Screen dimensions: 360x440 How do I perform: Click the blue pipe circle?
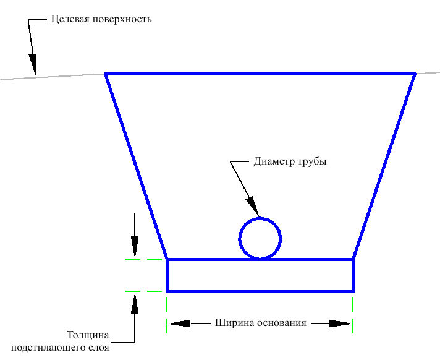point(260,238)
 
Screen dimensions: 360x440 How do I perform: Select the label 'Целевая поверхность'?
point(101,19)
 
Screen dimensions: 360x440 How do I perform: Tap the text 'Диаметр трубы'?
point(290,162)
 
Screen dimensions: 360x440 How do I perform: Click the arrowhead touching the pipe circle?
point(253,207)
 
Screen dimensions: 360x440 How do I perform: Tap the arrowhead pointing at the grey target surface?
point(33,64)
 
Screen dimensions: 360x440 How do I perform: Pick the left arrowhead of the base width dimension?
point(179,323)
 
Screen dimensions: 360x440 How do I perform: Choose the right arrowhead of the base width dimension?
point(341,323)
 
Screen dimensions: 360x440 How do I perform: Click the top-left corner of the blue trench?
point(106,74)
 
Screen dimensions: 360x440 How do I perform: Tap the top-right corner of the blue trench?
point(415,74)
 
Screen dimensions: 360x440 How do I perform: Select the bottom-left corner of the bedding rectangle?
point(167,291)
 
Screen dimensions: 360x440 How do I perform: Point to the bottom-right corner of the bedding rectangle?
point(353,291)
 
